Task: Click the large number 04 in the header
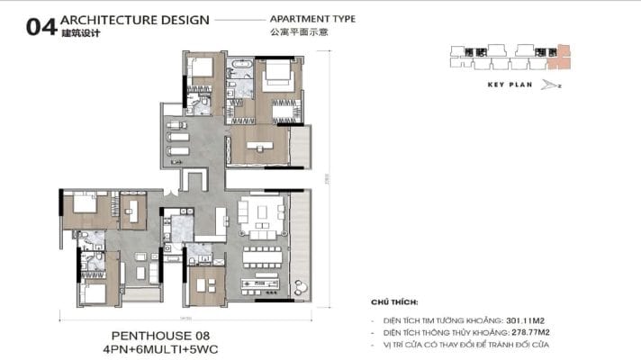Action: [x=36, y=28]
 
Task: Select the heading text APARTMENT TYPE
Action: [x=312, y=18]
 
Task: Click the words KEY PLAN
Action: [x=506, y=85]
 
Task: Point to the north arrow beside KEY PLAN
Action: [x=550, y=85]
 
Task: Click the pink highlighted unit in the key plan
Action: [x=564, y=55]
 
